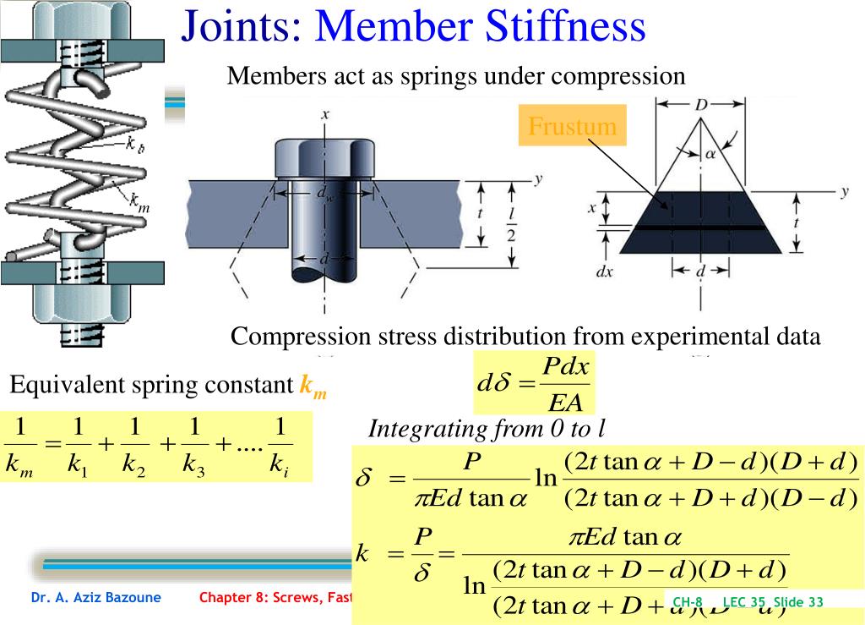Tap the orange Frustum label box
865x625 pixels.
click(x=572, y=127)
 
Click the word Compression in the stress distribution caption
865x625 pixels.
click(x=300, y=336)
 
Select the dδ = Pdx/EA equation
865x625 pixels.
click(x=534, y=383)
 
